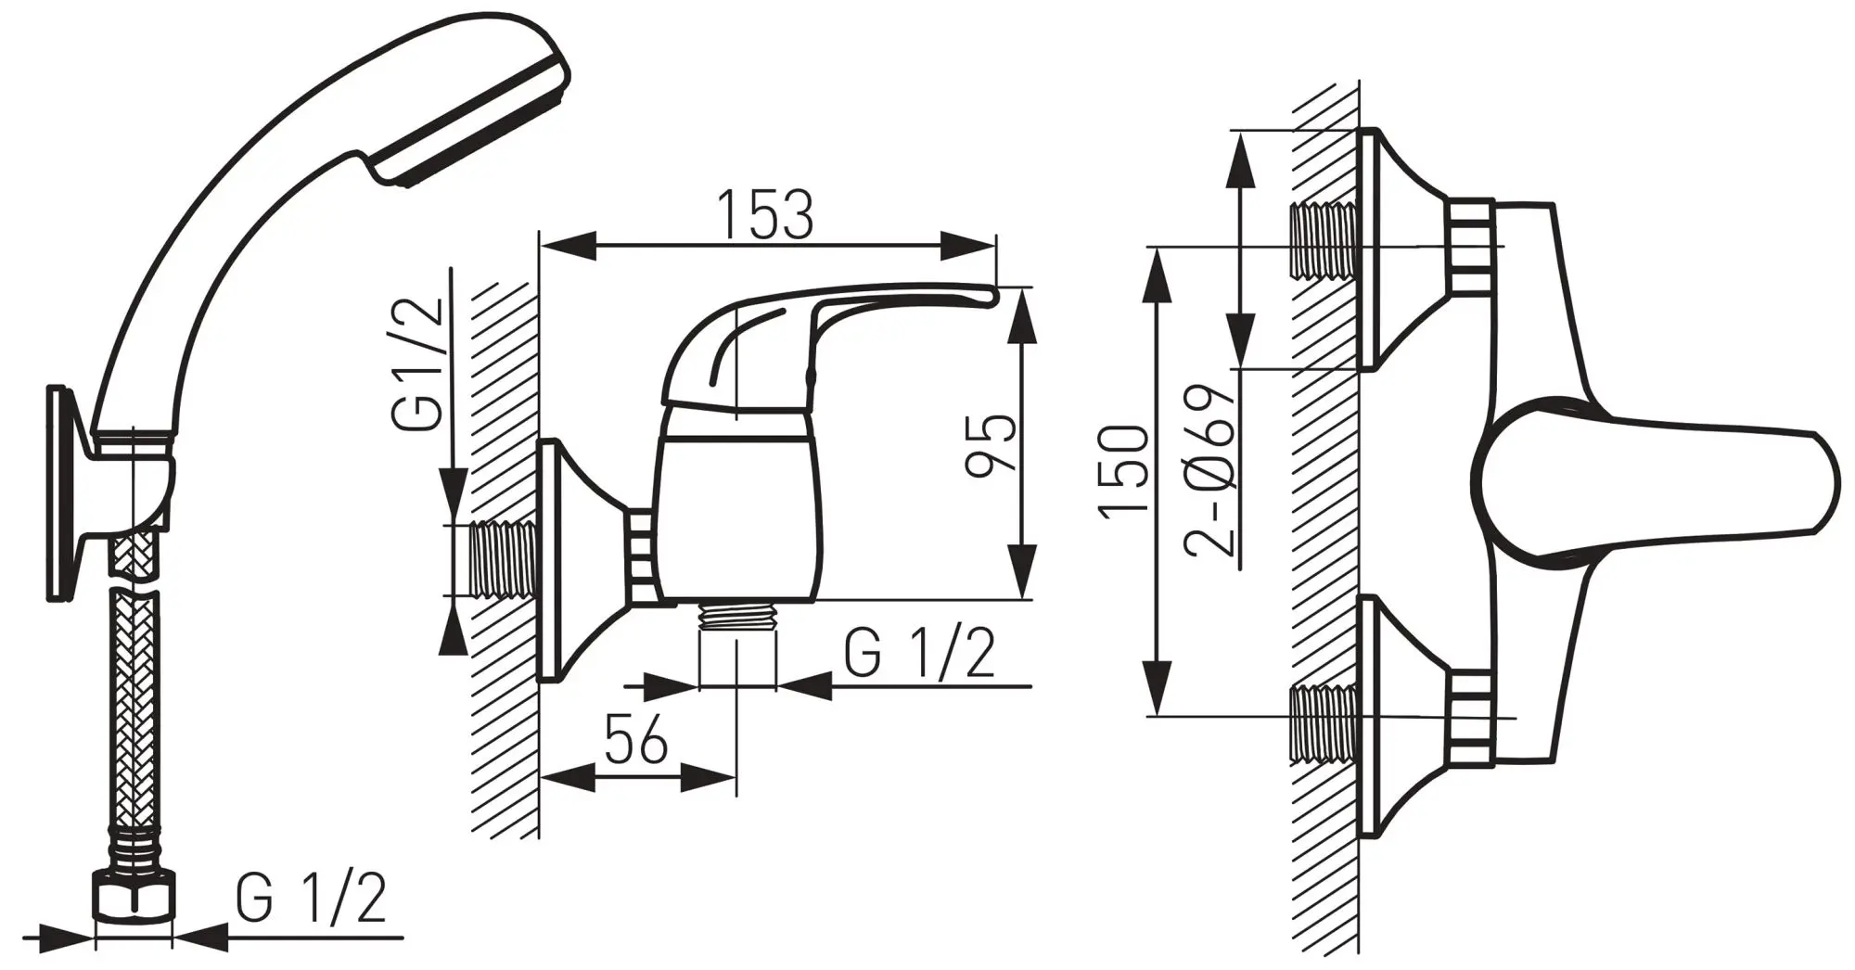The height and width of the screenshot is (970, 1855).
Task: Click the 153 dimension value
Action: click(x=766, y=215)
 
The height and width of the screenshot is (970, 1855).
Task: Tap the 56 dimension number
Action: click(x=636, y=739)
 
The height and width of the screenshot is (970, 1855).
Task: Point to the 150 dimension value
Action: click(x=1124, y=469)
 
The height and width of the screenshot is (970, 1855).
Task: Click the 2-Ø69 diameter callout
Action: click(x=1210, y=468)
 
